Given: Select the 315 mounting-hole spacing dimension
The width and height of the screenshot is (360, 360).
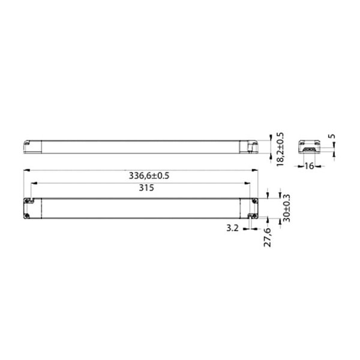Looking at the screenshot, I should tap(142, 188).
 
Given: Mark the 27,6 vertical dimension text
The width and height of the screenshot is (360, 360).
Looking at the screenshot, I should tap(268, 235).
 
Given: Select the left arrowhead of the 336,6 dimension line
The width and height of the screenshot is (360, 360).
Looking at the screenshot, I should tap(25, 170).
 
